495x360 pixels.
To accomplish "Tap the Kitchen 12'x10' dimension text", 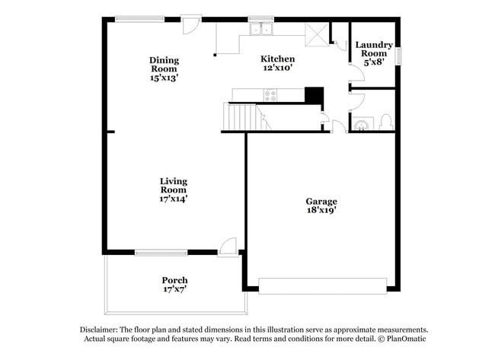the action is click(x=278, y=67).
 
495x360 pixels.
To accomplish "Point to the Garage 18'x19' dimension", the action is click(x=321, y=210).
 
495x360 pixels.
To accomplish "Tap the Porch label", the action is click(x=175, y=280).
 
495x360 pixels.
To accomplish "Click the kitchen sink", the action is click(x=261, y=29).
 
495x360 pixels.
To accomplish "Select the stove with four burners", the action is click(x=270, y=95).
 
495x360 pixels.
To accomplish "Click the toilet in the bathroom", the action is click(x=385, y=122).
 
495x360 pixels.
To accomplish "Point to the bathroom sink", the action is click(x=361, y=124).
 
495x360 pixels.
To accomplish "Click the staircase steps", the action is click(x=242, y=116).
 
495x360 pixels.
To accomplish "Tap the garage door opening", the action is click(x=323, y=286).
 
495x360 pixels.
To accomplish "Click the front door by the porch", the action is click(x=228, y=247).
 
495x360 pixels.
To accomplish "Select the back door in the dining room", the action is click(x=191, y=24).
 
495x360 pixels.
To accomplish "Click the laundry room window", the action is click(x=400, y=56).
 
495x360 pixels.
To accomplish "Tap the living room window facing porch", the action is click(x=161, y=253).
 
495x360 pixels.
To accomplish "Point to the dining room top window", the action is click(x=139, y=19).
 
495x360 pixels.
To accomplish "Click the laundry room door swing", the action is click(x=357, y=74).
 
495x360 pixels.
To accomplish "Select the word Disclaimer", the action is click(x=99, y=330).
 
